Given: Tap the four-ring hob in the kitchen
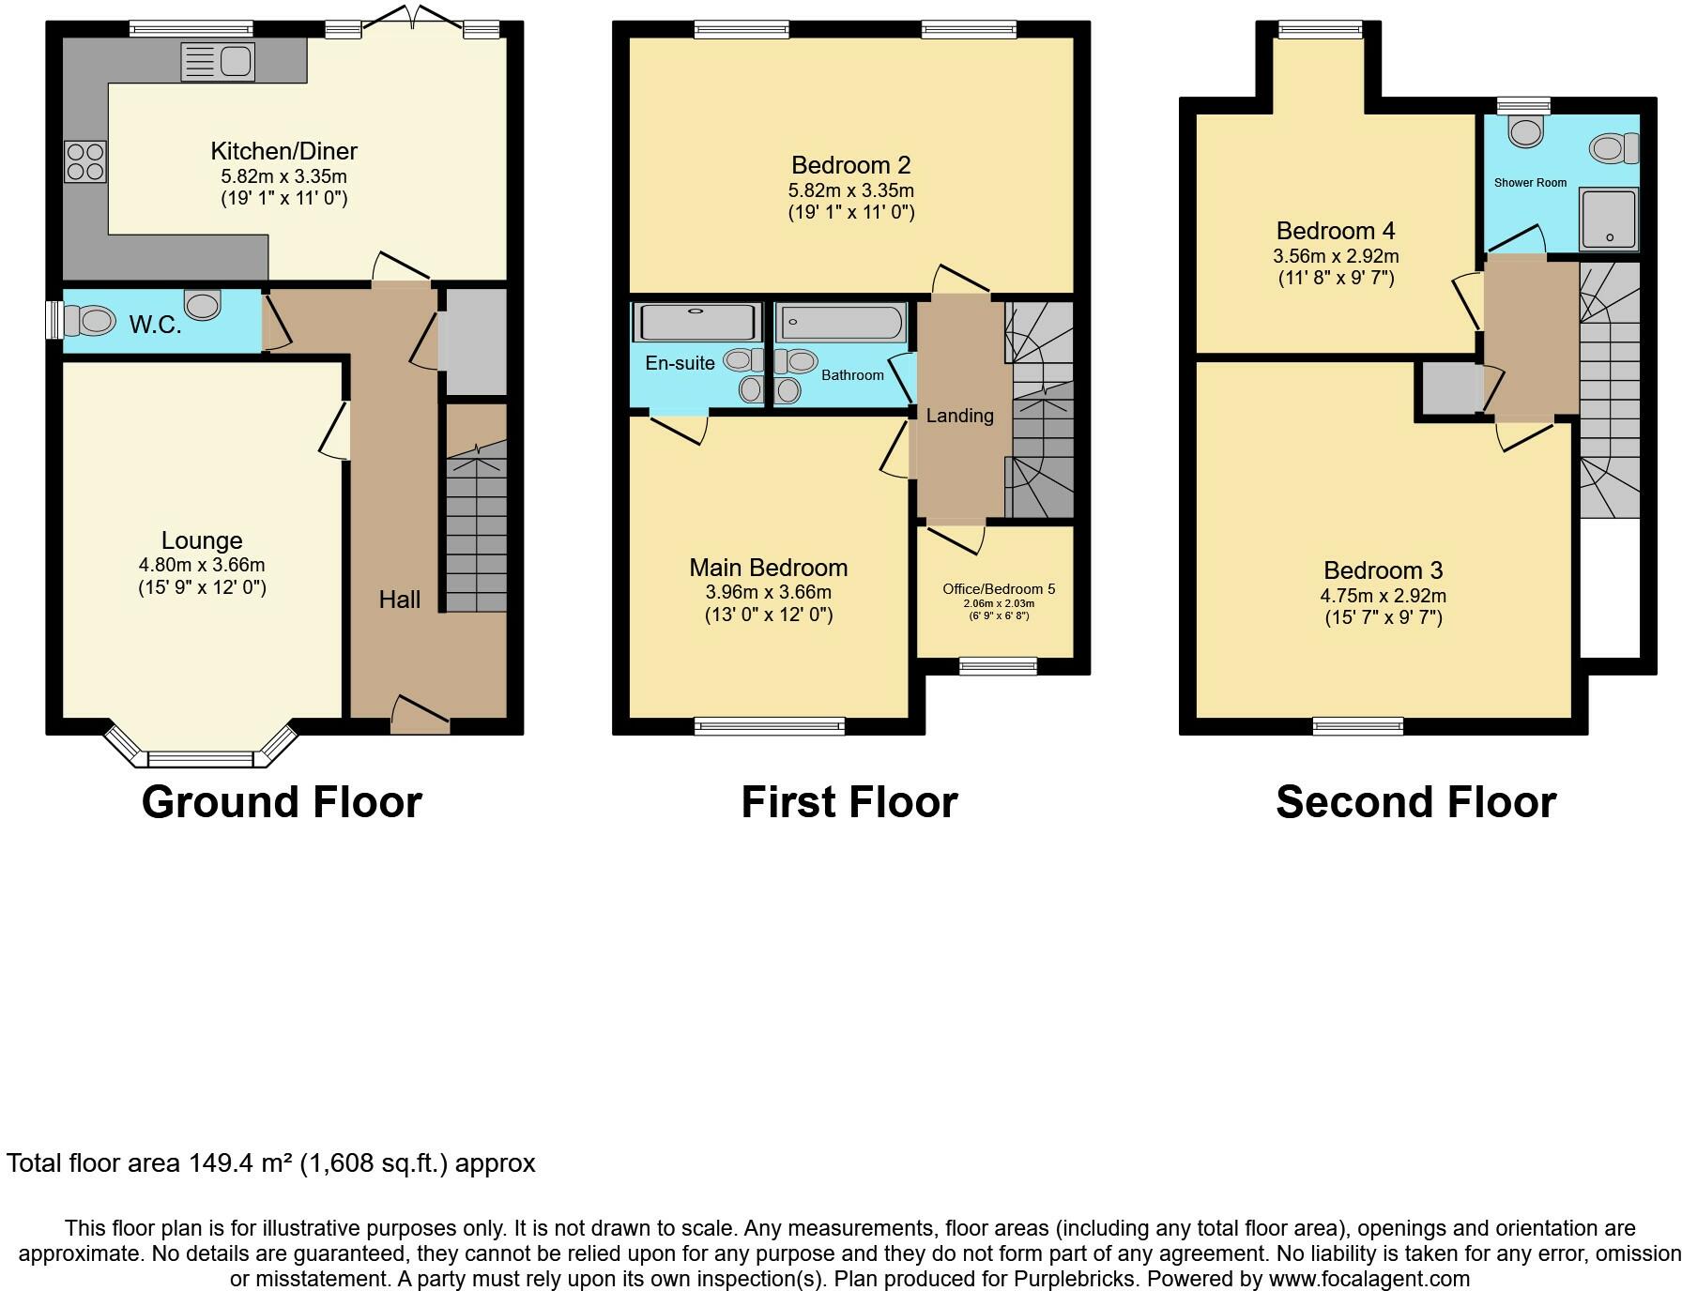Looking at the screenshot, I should click(84, 160).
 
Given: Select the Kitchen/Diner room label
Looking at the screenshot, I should click(283, 151).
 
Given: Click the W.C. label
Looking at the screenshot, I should click(155, 326).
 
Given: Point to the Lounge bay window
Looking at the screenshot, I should click(201, 757).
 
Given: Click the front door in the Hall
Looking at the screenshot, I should click(420, 718).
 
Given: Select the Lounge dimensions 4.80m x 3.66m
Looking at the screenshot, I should click(202, 565).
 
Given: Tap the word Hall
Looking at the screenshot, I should click(399, 600).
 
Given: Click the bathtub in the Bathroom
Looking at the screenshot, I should click(842, 323).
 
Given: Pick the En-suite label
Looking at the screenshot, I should click(680, 363).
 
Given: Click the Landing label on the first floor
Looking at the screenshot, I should click(959, 416).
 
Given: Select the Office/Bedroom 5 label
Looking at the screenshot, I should click(999, 589).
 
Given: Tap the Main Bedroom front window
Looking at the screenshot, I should click(770, 725).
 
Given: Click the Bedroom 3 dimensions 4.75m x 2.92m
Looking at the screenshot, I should click(1383, 596).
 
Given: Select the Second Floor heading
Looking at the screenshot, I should click(1415, 802).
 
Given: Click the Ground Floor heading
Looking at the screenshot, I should click(282, 802).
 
